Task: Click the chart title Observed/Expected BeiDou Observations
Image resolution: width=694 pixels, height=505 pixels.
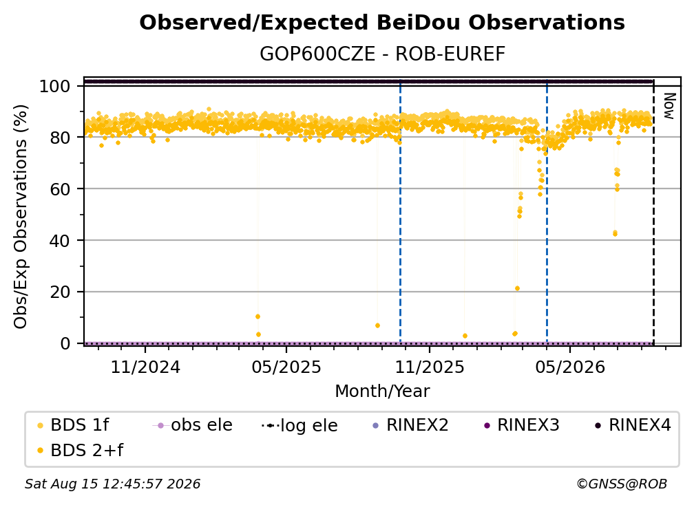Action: [382, 23]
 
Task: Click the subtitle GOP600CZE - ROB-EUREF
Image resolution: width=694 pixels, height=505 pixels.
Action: [382, 54]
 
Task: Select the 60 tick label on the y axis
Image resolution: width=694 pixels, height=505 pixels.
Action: [60, 189]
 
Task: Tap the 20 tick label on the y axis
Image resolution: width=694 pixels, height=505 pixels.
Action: [60, 292]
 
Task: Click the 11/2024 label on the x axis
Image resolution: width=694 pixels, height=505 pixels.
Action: [145, 367]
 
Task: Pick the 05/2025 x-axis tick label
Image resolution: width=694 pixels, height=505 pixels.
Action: [286, 367]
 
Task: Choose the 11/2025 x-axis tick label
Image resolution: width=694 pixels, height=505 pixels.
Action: [430, 367]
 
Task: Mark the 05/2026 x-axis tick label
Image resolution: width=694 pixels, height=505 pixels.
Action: [569, 367]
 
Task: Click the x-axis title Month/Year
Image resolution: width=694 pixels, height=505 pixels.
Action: [382, 391]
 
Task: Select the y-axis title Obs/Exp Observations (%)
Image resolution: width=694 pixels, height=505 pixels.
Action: [21, 217]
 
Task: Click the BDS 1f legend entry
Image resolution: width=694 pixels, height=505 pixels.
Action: [74, 425]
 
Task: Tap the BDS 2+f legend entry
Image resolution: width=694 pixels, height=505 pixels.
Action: [81, 451]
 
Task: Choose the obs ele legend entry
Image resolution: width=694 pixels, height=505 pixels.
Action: [193, 425]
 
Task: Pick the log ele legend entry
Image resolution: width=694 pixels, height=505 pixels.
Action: [299, 426]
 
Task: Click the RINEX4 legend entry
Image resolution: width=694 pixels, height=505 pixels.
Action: [633, 425]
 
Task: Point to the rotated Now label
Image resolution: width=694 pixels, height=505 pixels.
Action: [669, 106]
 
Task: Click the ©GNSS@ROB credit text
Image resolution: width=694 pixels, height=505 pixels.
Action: [622, 484]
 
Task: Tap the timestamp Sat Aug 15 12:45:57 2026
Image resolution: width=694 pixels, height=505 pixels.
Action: [112, 484]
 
